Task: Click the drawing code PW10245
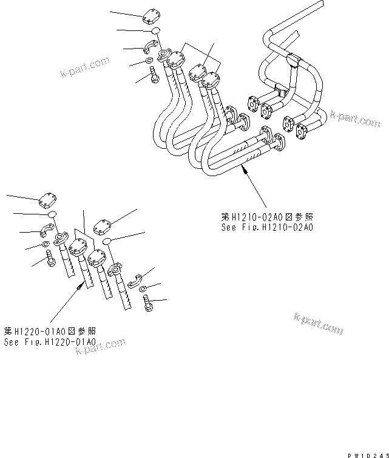366,453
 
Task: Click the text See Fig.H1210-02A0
266,228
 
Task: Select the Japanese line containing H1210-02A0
267,217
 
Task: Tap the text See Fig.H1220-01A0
50,342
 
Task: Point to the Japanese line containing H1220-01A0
50,331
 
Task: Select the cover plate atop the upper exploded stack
151,18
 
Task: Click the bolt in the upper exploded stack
152,75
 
